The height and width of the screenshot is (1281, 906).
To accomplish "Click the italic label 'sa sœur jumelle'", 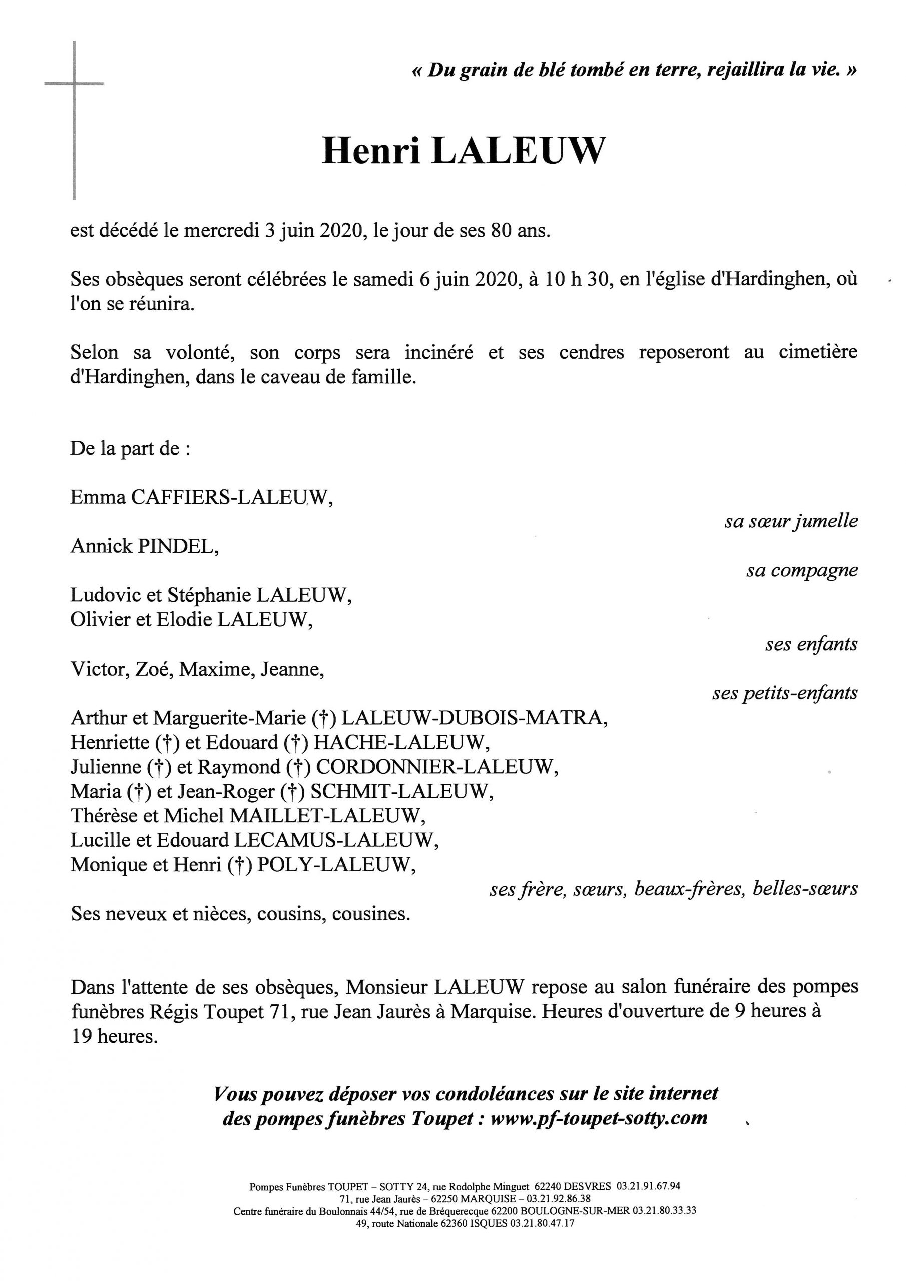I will (790, 521).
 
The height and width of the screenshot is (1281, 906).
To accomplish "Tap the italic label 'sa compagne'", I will (801, 571).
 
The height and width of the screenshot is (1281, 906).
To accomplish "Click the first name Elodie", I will (186, 620).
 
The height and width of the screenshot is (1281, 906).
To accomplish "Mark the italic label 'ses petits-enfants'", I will (784, 693).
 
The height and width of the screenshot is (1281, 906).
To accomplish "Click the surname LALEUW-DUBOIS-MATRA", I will (474, 718).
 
